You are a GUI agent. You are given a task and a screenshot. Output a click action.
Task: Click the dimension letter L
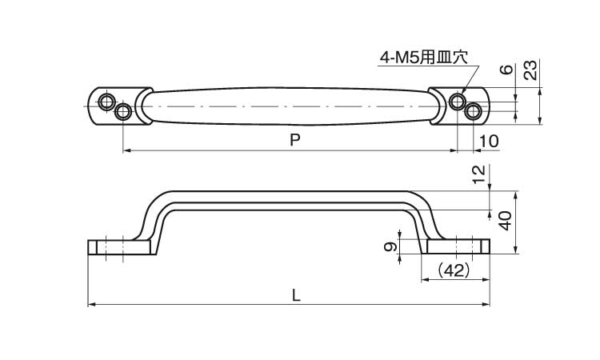click(297, 294)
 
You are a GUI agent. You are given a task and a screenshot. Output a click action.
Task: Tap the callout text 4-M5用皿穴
click(424, 58)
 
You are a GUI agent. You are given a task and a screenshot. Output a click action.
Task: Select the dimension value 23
click(530, 71)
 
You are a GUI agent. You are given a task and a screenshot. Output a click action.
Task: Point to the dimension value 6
click(505, 70)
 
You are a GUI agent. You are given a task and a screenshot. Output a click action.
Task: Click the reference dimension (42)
click(454, 270)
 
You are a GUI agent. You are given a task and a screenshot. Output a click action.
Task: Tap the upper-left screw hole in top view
click(106, 101)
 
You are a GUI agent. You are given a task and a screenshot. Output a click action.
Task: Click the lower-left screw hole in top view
click(122, 111)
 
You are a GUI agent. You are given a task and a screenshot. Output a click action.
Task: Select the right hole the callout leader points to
click(457, 101)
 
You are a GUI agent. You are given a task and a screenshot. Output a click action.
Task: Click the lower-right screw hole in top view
click(474, 111)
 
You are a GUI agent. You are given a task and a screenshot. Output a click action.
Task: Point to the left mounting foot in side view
click(120, 247)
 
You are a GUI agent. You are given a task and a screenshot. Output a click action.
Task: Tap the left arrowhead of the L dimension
click(90, 304)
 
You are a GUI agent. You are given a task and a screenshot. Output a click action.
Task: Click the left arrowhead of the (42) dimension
click(425, 281)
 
